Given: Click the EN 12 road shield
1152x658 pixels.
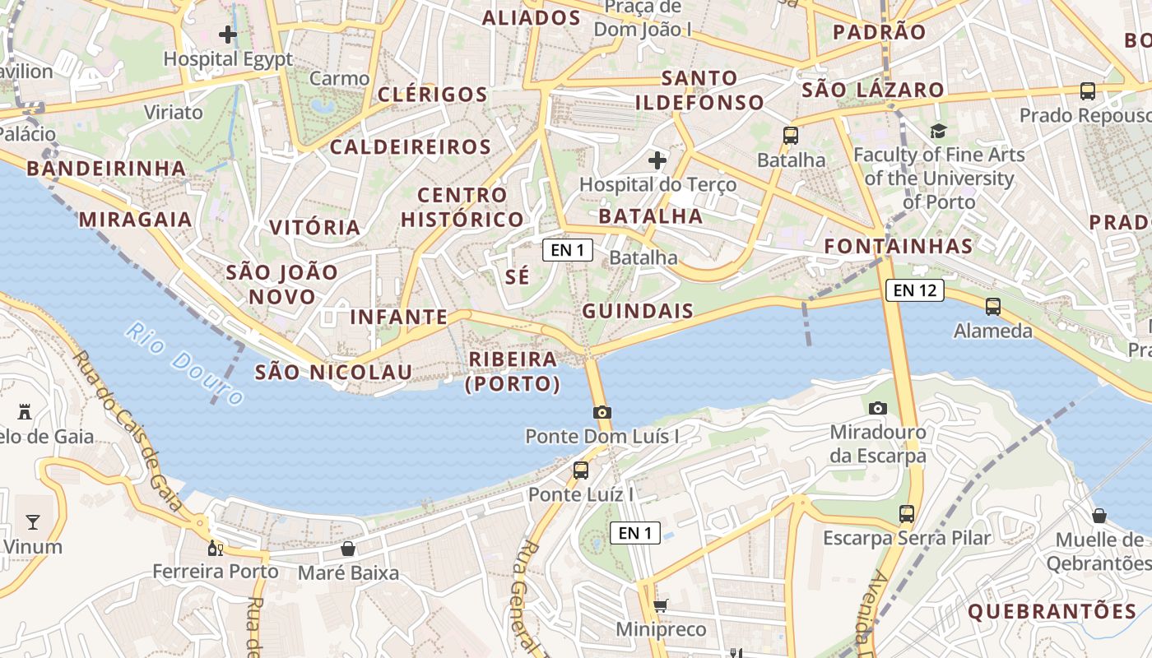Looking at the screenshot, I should point(914,290).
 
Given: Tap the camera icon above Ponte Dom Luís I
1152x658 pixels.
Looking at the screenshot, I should point(602,412).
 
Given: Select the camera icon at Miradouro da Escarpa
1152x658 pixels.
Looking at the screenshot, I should point(878,408).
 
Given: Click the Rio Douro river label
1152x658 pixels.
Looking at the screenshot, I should point(185,364).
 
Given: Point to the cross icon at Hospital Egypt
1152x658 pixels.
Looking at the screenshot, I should point(228,35).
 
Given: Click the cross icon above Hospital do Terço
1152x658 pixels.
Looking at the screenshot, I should point(657,160).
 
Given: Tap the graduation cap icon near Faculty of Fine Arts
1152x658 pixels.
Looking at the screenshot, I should point(938,131).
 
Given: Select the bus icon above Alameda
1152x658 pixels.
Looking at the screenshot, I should point(993,307).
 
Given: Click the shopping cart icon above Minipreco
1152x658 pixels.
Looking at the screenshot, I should point(660,606).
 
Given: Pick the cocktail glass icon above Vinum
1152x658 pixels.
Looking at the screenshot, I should point(32,521).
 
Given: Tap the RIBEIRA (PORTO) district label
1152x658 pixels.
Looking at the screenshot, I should point(513,371).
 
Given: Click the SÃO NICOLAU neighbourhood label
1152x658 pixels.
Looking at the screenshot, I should point(333,372).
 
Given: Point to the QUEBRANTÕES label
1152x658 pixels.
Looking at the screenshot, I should point(1052,611).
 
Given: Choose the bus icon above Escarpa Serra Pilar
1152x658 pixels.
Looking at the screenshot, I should point(907,513).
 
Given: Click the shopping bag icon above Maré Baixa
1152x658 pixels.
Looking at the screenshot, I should point(348,548).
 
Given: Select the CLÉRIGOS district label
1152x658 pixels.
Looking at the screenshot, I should point(433,94).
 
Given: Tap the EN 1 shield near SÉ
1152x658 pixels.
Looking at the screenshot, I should point(568,250).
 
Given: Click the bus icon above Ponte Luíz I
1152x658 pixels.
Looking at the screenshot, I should point(581,470).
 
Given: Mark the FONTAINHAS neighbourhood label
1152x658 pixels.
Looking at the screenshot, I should point(898,245).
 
